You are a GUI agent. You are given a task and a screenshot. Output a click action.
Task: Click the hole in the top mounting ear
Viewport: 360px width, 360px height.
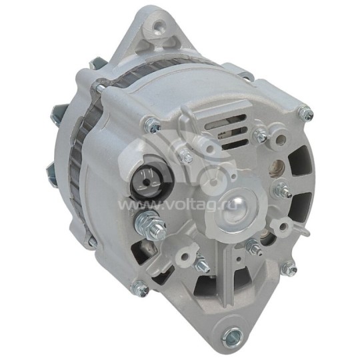coord(158,27)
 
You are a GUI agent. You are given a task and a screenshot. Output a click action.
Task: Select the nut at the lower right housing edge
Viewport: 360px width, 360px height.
coord(289,269)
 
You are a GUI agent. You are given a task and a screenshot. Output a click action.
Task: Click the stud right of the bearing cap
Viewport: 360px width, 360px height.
coord(281,189)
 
